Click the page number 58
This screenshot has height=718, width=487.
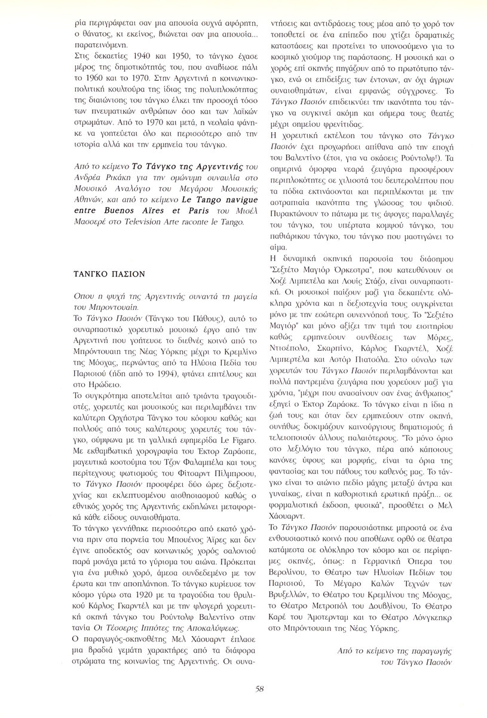259,689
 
